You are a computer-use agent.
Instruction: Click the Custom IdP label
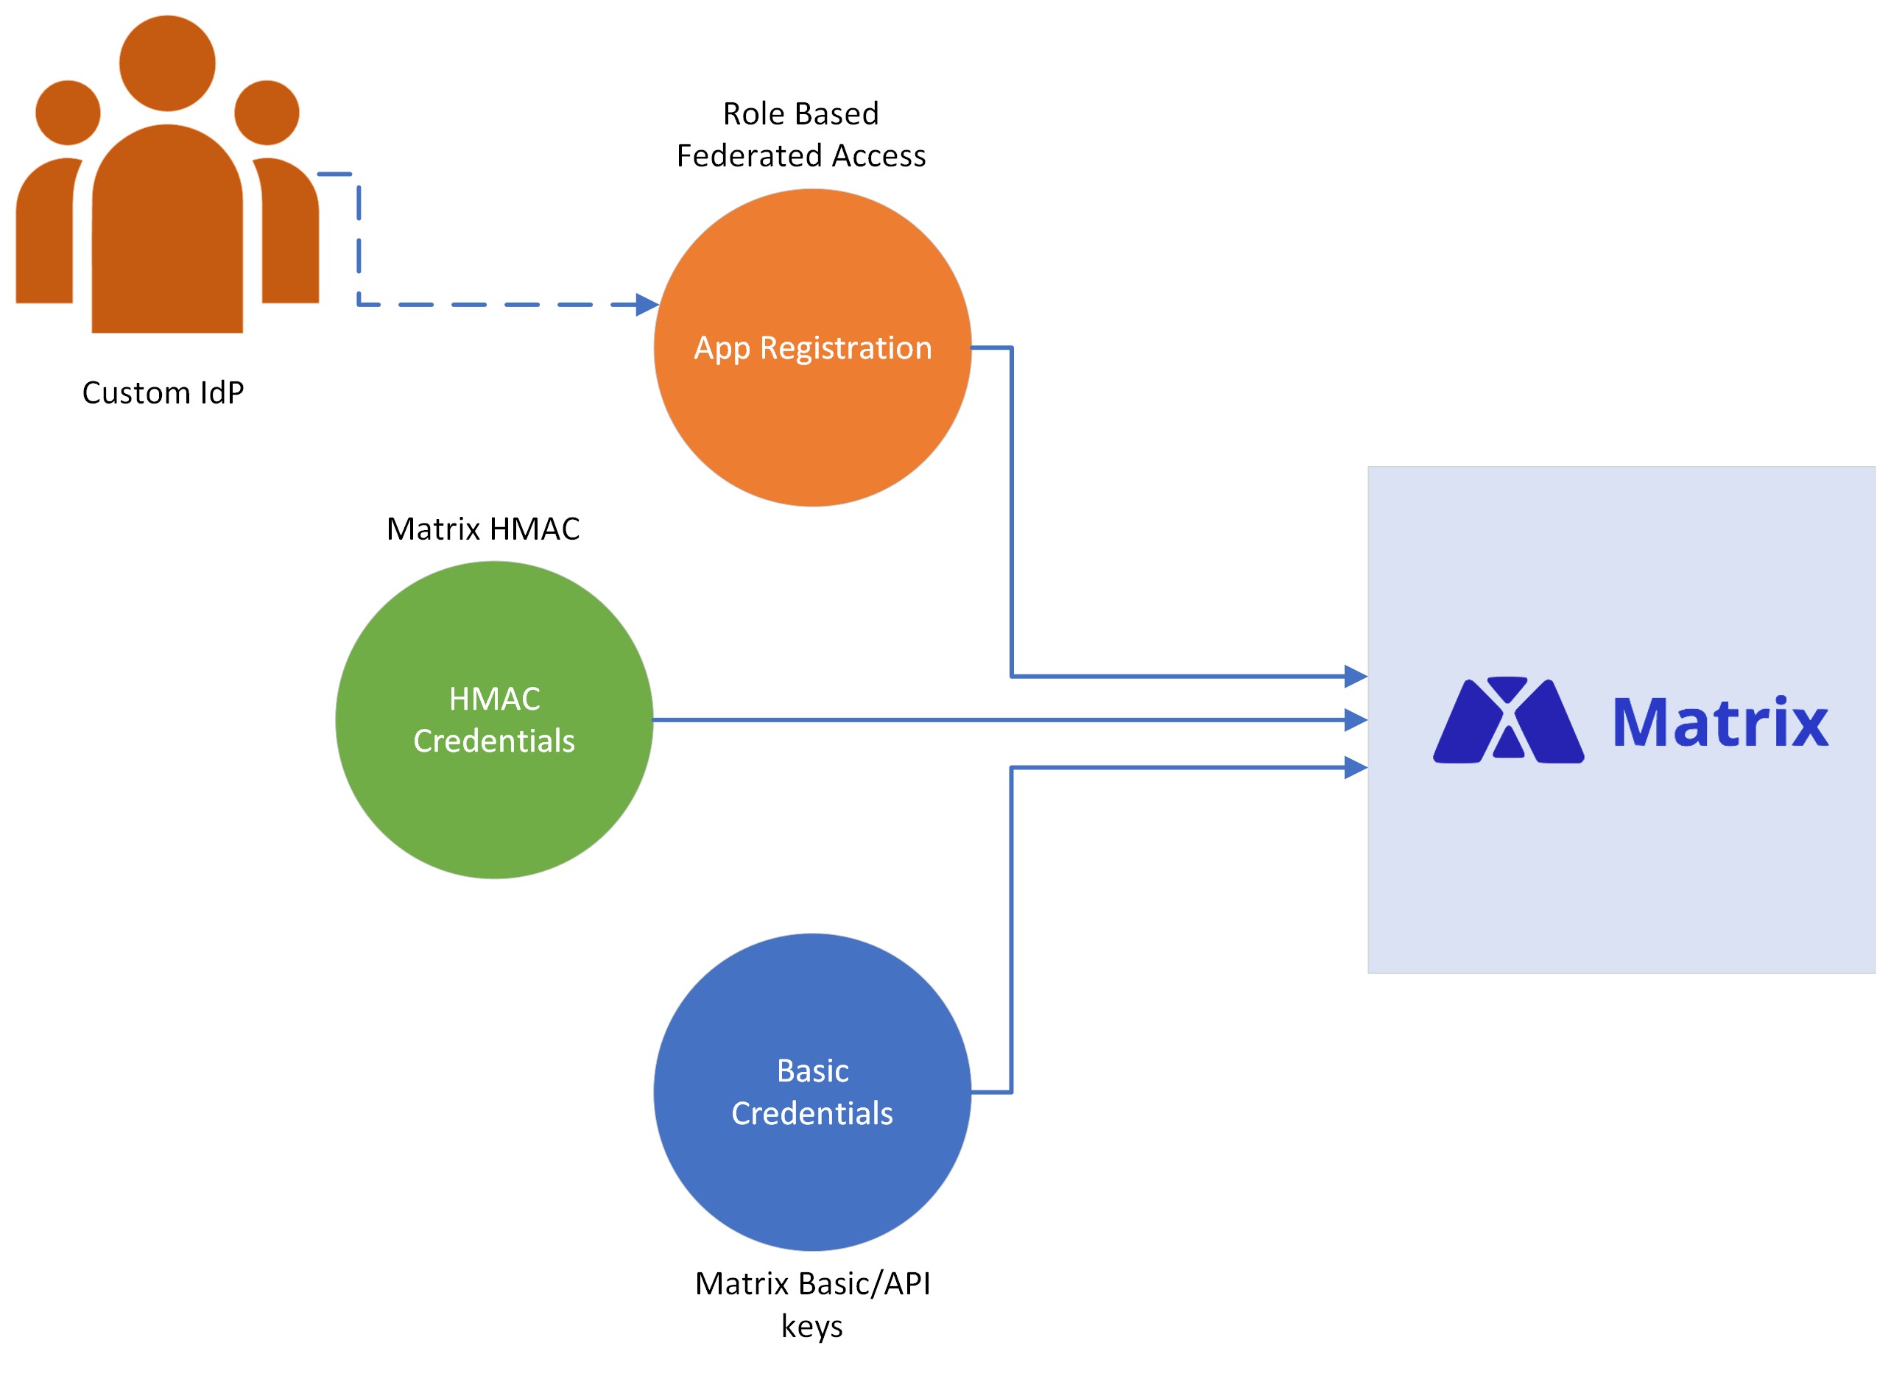tap(163, 392)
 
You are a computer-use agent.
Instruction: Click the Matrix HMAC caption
tap(482, 529)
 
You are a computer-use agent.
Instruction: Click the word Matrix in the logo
tap(1720, 722)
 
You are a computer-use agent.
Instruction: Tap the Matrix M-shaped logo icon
tap(1508, 720)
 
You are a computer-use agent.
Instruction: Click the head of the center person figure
tap(167, 63)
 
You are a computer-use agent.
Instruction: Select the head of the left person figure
tap(68, 113)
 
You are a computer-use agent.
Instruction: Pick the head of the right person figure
tap(267, 113)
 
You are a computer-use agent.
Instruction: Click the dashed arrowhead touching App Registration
tap(647, 305)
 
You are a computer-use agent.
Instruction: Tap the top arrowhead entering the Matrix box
tap(1355, 676)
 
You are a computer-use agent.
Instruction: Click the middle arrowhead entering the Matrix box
tap(1355, 719)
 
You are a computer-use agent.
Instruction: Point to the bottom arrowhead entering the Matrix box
tap(1355, 767)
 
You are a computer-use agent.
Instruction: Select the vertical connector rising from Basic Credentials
tap(1011, 926)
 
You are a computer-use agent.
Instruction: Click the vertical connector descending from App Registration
tap(1011, 509)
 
